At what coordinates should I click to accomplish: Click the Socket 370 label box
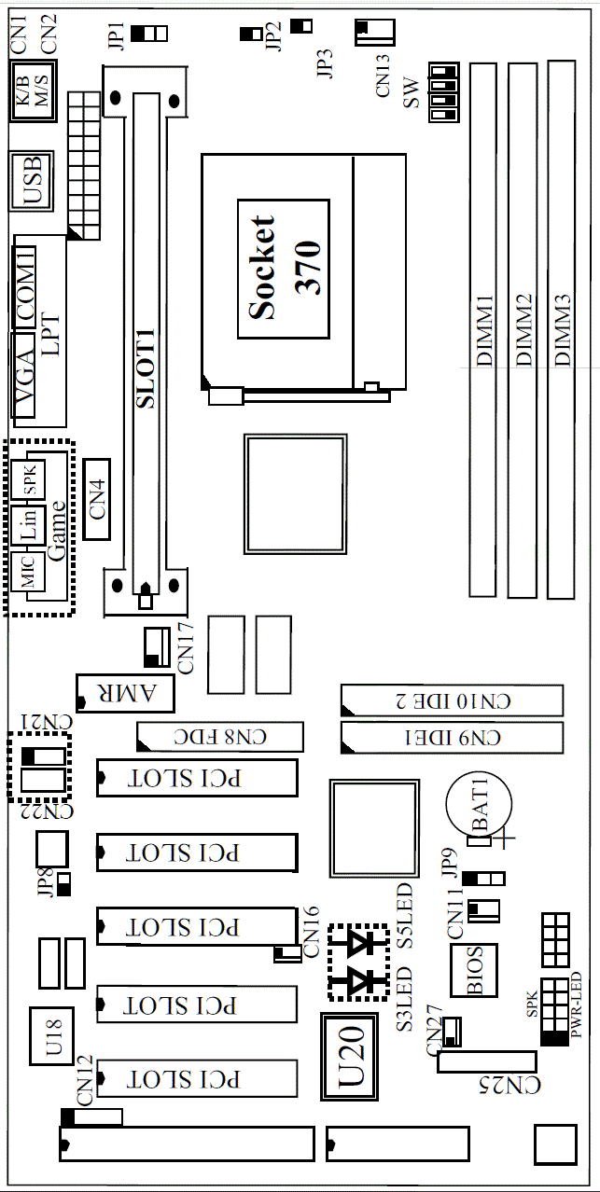tap(283, 269)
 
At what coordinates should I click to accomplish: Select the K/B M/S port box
tap(32, 92)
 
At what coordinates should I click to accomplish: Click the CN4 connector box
tap(96, 498)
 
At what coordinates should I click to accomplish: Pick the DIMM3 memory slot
tap(561, 328)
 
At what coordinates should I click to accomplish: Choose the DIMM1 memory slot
tap(482, 328)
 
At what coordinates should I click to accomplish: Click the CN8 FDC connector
tap(220, 737)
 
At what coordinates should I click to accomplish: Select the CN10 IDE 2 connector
tap(452, 700)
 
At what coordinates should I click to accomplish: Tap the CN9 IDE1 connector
tap(452, 737)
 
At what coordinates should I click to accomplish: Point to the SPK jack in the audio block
tap(28, 479)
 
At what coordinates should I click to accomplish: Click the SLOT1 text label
tap(147, 373)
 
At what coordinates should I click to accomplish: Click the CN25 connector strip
tap(488, 1060)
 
